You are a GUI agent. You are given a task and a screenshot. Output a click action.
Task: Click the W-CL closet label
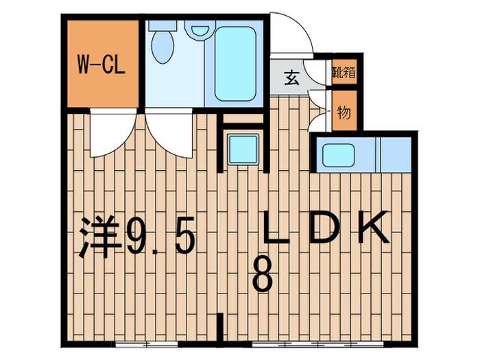tap(101, 64)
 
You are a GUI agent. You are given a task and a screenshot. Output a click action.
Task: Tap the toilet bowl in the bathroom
tap(163, 47)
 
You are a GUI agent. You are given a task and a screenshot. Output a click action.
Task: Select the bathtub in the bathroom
tap(235, 64)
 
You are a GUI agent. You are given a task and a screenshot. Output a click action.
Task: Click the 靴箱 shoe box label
tap(344, 72)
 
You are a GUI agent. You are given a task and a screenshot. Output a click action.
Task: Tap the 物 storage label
tap(344, 113)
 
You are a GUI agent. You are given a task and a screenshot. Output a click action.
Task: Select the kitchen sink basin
tap(338, 155)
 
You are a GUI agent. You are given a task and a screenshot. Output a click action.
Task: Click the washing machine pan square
tap(243, 149)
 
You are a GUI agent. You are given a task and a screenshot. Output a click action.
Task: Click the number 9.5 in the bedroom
tap(160, 236)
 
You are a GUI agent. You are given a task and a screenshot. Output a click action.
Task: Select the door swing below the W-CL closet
tap(113, 133)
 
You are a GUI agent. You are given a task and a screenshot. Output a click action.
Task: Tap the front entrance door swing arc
tap(292, 33)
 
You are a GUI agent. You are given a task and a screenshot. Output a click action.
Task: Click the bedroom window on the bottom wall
tap(146, 344)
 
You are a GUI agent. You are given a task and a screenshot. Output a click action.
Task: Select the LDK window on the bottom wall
tap(317, 344)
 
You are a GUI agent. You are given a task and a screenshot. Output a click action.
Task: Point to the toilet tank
tap(163, 25)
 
